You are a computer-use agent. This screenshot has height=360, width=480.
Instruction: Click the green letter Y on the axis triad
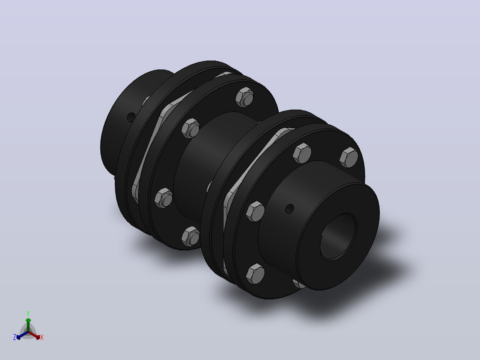tap(28, 313)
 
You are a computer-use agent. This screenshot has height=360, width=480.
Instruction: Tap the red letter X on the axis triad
tap(42, 337)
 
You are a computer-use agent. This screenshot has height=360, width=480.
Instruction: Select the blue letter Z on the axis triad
tap(14, 337)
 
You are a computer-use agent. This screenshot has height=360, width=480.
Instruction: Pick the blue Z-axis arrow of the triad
tap(22, 335)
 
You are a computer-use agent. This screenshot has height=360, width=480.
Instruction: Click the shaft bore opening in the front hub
tap(338, 237)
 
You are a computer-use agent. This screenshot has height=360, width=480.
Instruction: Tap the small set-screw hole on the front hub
tap(289, 209)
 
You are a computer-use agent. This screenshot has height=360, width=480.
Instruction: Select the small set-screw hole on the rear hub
tap(131, 117)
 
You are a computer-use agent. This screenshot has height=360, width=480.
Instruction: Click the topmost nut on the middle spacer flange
tap(244, 97)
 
